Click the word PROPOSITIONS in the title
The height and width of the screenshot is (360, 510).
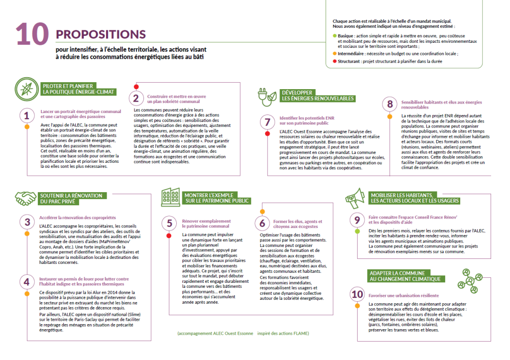101,34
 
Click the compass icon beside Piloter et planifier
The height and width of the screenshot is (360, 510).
24,88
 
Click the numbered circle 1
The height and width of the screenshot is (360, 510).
27,116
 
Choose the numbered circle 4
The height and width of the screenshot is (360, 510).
27,281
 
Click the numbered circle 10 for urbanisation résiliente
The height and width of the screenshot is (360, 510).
357,294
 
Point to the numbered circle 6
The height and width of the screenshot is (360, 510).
262,223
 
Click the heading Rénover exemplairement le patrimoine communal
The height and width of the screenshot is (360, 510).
206,223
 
